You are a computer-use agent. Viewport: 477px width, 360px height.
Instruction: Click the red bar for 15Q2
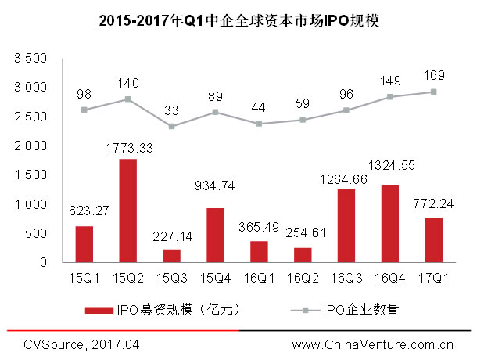click(127, 211)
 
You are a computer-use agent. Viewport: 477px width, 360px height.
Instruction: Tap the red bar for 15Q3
click(171, 256)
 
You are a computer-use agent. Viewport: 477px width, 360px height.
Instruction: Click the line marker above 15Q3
click(171, 126)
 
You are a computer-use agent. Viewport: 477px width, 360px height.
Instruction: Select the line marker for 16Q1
click(259, 124)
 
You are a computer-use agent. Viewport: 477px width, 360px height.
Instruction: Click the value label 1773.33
click(127, 147)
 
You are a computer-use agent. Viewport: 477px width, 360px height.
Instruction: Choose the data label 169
click(434, 76)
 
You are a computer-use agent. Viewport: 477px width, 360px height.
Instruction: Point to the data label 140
click(127, 83)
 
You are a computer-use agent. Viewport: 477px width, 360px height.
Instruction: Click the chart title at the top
click(238, 21)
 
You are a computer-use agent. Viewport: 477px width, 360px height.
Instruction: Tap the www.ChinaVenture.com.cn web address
click(373, 344)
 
